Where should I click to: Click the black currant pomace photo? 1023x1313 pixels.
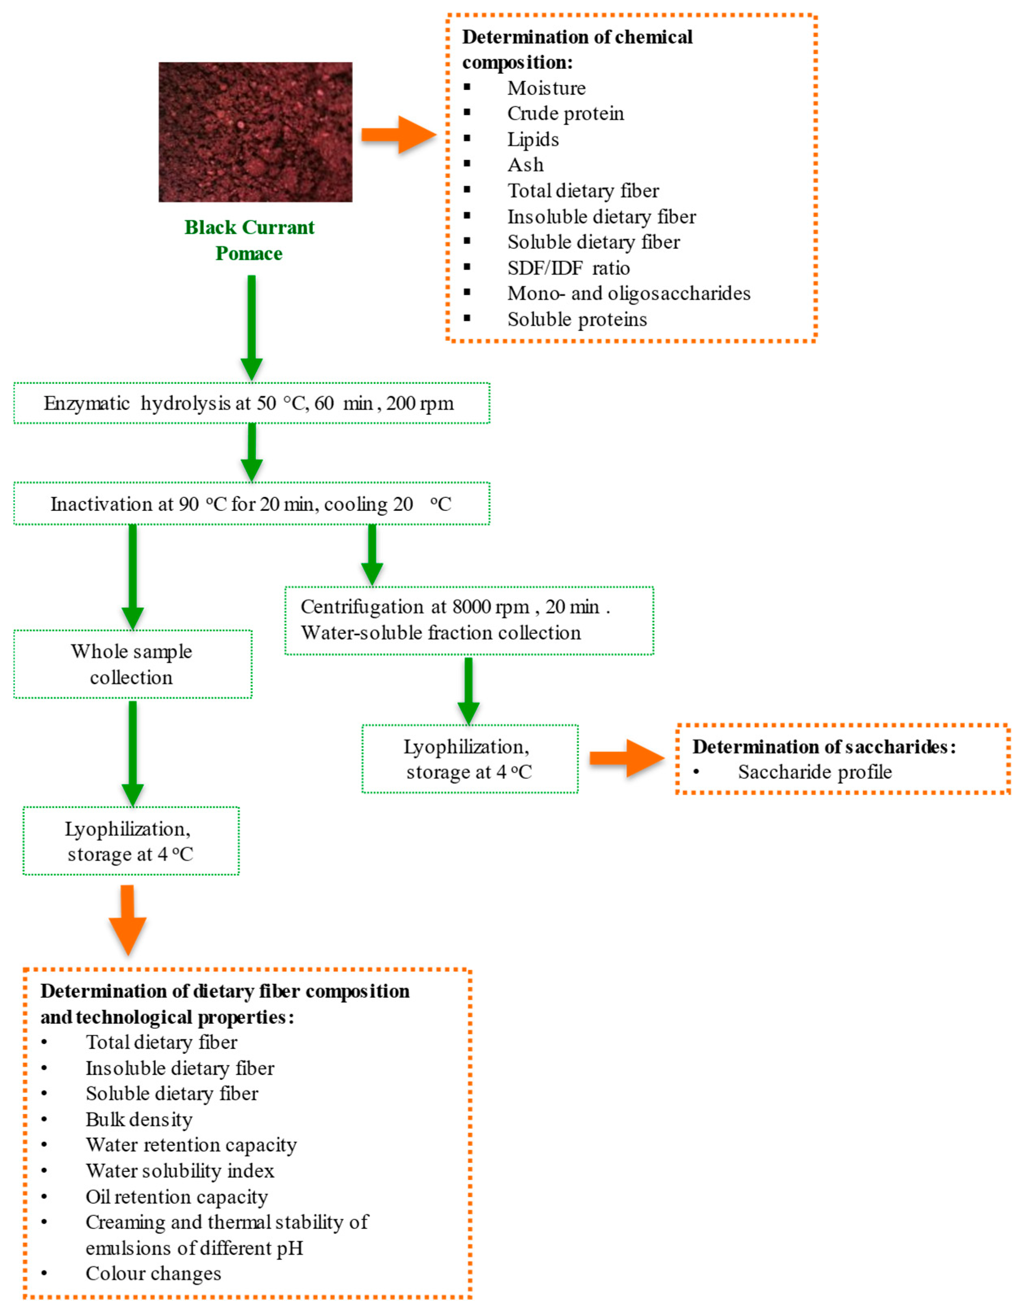(255, 132)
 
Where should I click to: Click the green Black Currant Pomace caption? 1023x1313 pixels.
(249, 240)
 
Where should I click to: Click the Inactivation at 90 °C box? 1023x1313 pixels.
(251, 504)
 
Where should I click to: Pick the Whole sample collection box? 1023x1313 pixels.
(132, 664)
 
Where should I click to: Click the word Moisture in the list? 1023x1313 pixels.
(546, 88)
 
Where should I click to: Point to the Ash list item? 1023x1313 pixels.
(525, 165)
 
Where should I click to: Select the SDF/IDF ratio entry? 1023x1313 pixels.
(568, 268)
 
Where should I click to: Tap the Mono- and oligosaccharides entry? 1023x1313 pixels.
(628, 293)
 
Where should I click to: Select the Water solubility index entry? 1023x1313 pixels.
(180, 1171)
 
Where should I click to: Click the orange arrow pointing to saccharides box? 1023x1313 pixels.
(626, 758)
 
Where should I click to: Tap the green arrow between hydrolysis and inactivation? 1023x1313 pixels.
(251, 452)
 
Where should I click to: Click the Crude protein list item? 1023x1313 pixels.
(565, 113)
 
